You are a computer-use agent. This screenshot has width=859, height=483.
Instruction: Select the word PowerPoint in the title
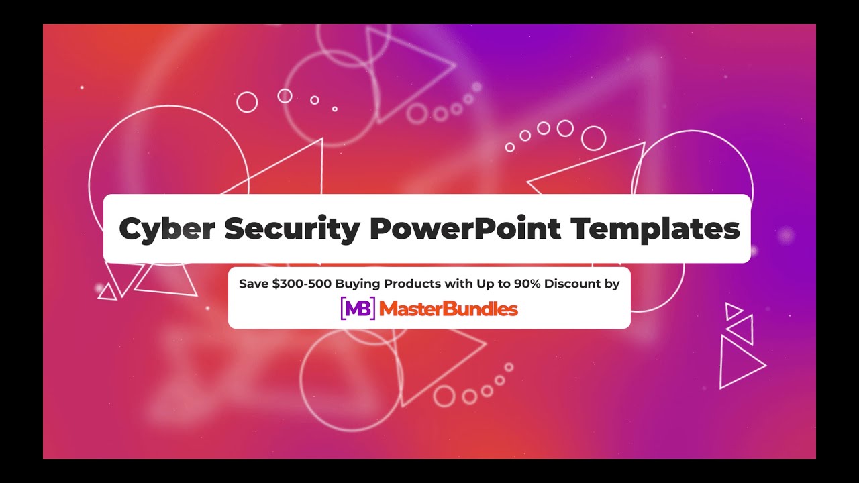pos(464,229)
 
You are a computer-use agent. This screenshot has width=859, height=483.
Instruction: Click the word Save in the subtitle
pos(254,284)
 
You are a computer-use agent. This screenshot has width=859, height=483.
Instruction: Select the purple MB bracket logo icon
pos(358,309)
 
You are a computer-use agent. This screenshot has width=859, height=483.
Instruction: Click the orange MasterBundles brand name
pos(448,309)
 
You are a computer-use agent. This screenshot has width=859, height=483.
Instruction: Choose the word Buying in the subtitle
pos(356,284)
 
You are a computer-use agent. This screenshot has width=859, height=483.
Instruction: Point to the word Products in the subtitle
pos(409,284)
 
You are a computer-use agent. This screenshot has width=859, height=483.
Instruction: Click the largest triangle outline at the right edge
pos(738,363)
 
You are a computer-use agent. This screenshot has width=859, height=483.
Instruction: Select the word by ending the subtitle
pos(611,284)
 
